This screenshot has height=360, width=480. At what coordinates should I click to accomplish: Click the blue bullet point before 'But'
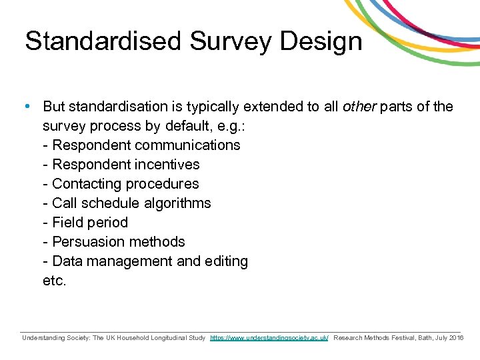click(26, 107)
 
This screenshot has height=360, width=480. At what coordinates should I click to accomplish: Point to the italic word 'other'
click(359, 107)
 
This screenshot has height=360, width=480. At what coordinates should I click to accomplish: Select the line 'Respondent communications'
click(141, 145)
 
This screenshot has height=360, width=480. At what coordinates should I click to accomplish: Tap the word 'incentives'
click(169, 165)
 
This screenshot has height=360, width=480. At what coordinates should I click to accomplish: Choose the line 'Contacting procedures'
click(121, 184)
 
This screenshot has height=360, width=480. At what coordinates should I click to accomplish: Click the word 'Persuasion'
click(85, 242)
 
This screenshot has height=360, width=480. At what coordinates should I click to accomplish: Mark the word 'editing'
click(223, 261)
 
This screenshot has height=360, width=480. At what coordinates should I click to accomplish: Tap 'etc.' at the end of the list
click(55, 281)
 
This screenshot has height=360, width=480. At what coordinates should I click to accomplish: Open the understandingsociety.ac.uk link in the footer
click(269, 338)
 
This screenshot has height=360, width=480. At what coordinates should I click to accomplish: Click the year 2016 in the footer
click(457, 338)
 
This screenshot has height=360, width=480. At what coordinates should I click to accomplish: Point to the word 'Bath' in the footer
click(421, 338)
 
